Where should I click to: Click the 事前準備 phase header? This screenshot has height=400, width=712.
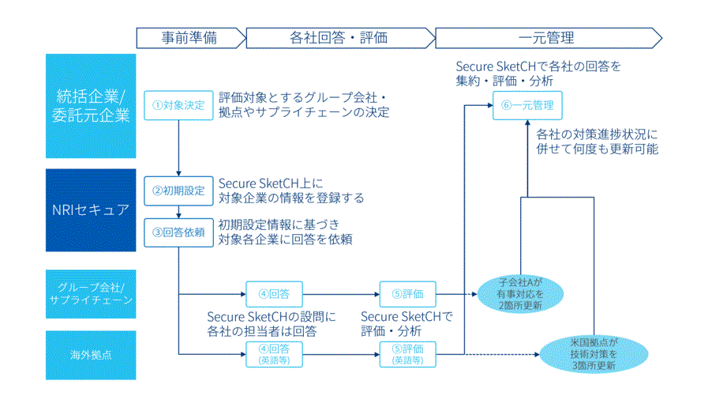(189, 37)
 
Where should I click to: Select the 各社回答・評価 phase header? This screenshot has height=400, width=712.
(339, 37)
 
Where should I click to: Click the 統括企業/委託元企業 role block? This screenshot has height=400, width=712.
(91, 106)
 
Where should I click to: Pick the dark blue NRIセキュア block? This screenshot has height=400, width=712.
(91, 209)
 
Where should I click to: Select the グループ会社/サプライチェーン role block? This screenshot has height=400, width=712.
(91, 293)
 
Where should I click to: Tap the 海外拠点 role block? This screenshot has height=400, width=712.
(91, 354)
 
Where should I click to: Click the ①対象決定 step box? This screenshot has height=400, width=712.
(178, 105)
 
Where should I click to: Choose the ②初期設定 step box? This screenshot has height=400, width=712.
(178, 191)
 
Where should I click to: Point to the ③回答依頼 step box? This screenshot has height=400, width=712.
(178, 232)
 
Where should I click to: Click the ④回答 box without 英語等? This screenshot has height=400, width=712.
(274, 294)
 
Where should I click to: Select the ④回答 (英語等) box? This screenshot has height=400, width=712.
(274, 353)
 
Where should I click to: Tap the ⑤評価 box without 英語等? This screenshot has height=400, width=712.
(408, 294)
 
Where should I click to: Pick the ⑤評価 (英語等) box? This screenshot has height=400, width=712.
(408, 353)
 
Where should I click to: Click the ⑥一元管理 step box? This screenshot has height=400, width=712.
(528, 105)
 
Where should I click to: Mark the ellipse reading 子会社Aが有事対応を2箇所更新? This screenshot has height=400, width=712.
(521, 293)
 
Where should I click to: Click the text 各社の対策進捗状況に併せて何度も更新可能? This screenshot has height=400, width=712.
(597, 140)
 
